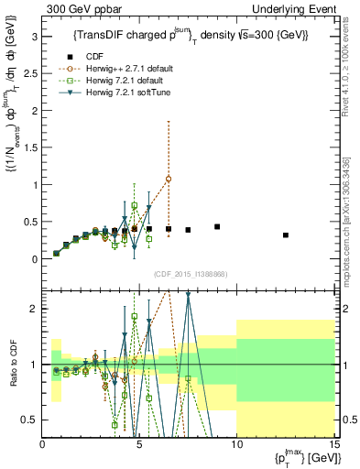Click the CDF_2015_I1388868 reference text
pos(190,274)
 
